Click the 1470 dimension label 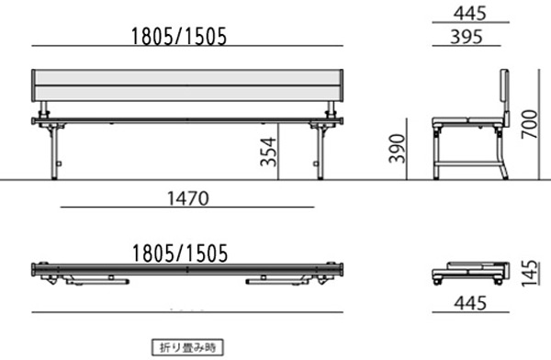pyautogui.click(x=187, y=198)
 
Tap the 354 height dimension pyautogui.click(x=268, y=152)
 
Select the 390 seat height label pyautogui.click(x=397, y=149)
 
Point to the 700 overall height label pyautogui.click(x=530, y=124)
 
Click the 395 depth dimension pyautogui.click(x=467, y=37)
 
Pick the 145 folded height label pyautogui.click(x=530, y=273)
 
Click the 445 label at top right pyautogui.click(x=470, y=14)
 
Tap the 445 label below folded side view pyautogui.click(x=470, y=303)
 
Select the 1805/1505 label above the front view pyautogui.click(x=179, y=37)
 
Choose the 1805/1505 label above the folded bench pyautogui.click(x=180, y=253)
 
